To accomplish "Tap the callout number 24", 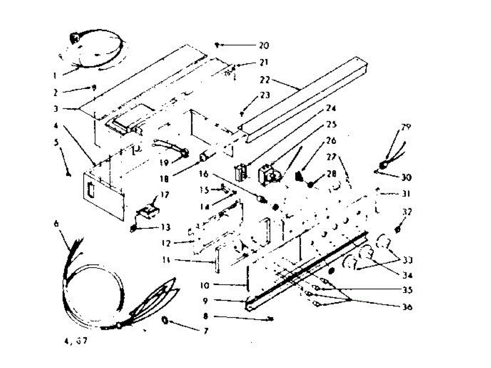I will (331, 109).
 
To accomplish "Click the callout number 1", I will (54, 75).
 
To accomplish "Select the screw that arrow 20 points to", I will (218, 45).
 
